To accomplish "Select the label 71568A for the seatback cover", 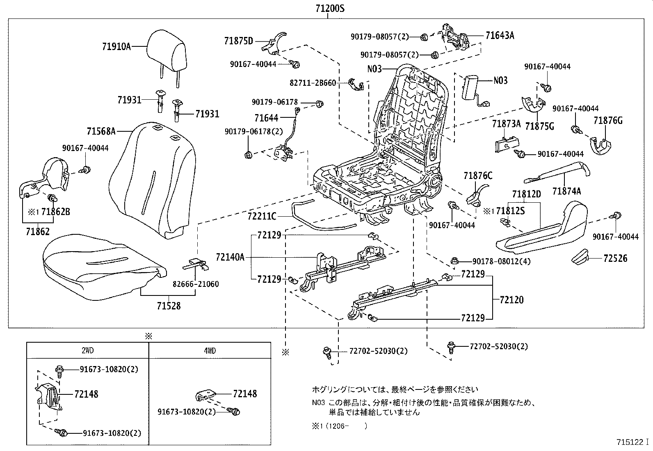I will pyautogui.click(x=101, y=131).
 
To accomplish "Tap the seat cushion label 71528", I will pyautogui.click(x=168, y=306).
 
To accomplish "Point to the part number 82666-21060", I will pyautogui.click(x=195, y=284).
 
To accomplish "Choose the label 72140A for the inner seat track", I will pyautogui.click(x=230, y=257).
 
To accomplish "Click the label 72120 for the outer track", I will pyautogui.click(x=511, y=300).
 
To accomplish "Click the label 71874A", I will pyautogui.click(x=566, y=191).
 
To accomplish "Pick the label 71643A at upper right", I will pyautogui.click(x=500, y=35).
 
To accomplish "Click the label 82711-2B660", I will pyautogui.click(x=313, y=83).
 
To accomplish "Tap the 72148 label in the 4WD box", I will pyautogui.click(x=245, y=394).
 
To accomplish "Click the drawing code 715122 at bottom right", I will pyautogui.click(x=630, y=442).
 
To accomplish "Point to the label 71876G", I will pyautogui.click(x=608, y=120).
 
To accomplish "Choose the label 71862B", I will pyautogui.click(x=55, y=212).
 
